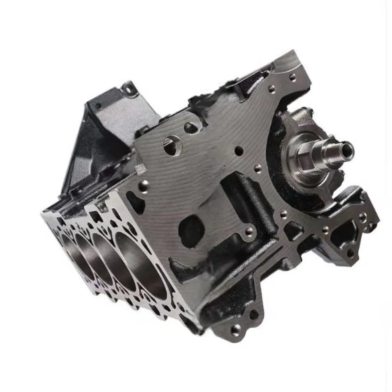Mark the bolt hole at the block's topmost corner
coord(293,77)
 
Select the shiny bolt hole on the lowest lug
coord(236,329)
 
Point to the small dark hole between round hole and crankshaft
coord(238,150)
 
